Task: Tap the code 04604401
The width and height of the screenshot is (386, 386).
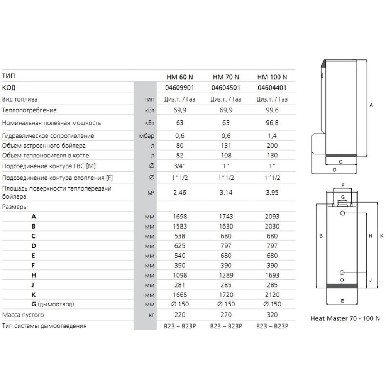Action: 272,88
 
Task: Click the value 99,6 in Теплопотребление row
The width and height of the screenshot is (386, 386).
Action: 272,110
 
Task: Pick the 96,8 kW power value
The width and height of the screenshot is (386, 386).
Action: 272,123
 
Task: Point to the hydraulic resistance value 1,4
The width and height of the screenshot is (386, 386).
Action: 272,136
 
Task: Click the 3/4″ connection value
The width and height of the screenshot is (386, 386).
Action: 180,166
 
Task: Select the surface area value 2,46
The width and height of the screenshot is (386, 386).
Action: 180,192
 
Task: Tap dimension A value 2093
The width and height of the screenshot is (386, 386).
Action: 272,217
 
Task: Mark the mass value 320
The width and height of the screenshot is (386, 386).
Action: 272,315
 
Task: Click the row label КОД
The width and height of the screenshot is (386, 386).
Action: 8,88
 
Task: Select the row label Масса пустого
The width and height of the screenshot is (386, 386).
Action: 23,315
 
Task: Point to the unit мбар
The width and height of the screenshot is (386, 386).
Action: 147,136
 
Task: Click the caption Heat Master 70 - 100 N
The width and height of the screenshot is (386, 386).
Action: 345,319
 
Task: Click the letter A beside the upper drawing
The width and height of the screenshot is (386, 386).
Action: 371,105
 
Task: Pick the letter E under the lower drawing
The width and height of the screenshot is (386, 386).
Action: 342,300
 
